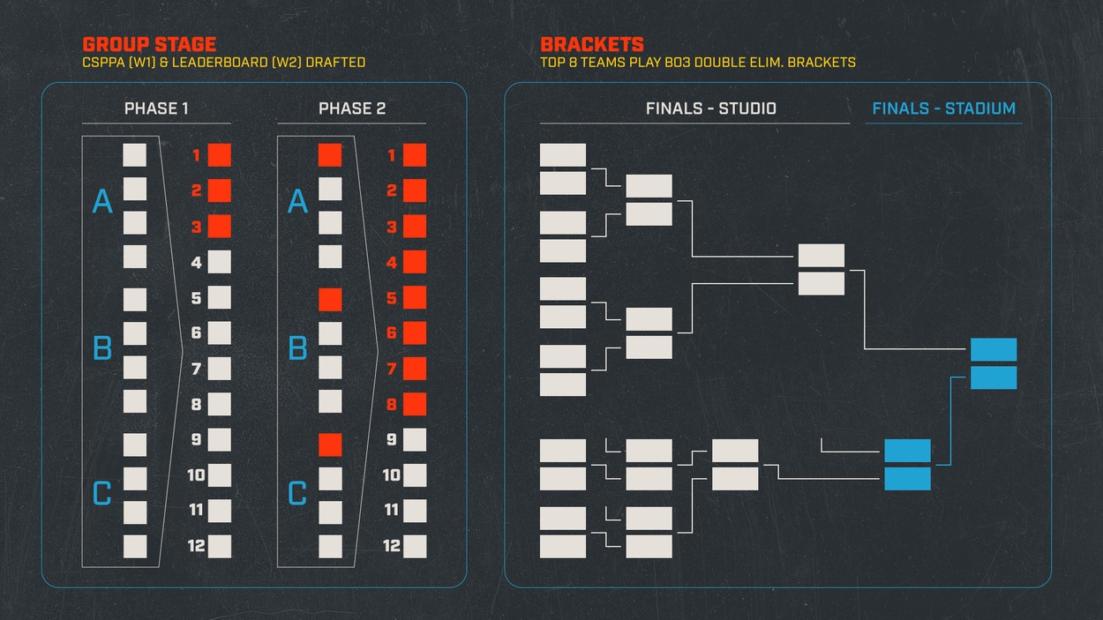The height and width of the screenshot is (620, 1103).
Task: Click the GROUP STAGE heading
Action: coord(149,44)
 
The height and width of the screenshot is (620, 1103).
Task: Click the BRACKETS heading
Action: coord(592,44)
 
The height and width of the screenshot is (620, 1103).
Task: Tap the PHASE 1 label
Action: coord(156,109)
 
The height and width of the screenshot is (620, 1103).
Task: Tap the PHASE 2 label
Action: coord(352,109)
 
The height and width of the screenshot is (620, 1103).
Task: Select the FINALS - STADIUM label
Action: coord(943,109)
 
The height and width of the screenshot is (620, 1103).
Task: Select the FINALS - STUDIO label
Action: coord(710,109)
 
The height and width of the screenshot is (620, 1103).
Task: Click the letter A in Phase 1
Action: coord(102,202)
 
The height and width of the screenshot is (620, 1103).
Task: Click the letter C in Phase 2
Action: coord(297,494)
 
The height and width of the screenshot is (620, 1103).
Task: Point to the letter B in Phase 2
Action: coord(297,349)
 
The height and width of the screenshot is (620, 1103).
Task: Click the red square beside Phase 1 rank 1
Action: coord(219,155)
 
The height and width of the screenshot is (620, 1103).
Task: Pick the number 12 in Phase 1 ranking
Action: coord(197,546)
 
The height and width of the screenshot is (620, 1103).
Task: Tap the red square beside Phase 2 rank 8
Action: coord(415,404)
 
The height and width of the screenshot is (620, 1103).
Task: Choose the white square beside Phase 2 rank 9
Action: coord(415,440)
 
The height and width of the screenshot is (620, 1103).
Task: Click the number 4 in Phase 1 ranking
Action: coord(197,263)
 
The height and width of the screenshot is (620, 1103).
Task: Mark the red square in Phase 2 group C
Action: coord(330,444)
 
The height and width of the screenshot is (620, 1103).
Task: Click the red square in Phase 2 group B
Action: coord(330,300)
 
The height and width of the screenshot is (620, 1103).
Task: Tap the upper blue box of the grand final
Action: coord(994,349)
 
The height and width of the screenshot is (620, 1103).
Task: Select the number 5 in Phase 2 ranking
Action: coord(392,298)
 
